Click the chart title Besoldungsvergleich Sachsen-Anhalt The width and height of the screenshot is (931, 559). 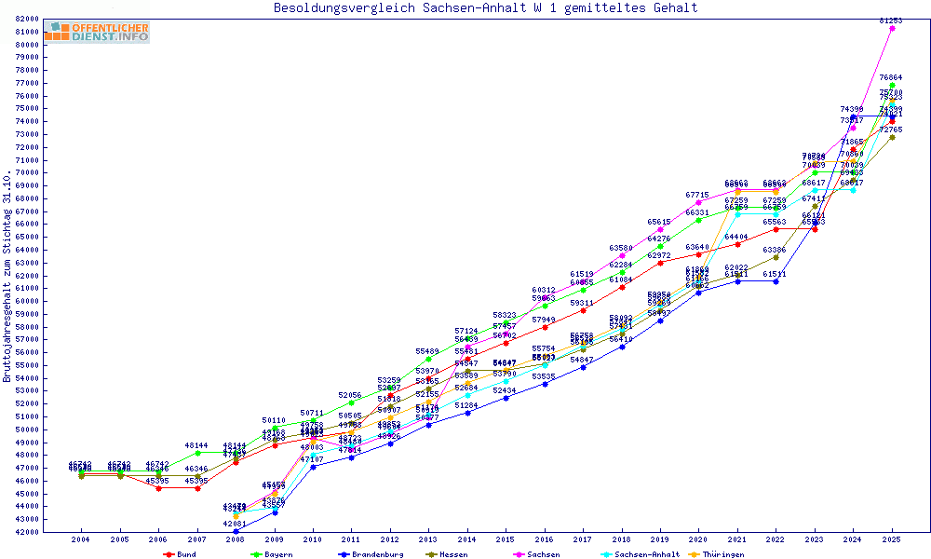(485, 8)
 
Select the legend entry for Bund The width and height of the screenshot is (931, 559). (182, 554)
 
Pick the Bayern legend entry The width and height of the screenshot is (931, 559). (270, 554)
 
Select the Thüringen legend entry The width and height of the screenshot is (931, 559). (721, 554)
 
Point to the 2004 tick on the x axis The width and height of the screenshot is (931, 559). (81, 539)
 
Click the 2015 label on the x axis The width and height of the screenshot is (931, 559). (506, 539)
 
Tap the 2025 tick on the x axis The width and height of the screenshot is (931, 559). (892, 539)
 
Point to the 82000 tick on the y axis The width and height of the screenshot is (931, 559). (27, 19)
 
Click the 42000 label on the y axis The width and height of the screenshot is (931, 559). (27, 532)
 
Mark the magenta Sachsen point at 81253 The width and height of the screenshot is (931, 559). (892, 29)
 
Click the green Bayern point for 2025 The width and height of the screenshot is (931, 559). (892, 86)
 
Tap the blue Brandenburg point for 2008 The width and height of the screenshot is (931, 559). (236, 531)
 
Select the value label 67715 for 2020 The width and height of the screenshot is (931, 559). (698, 195)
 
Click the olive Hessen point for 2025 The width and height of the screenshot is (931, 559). (892, 137)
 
